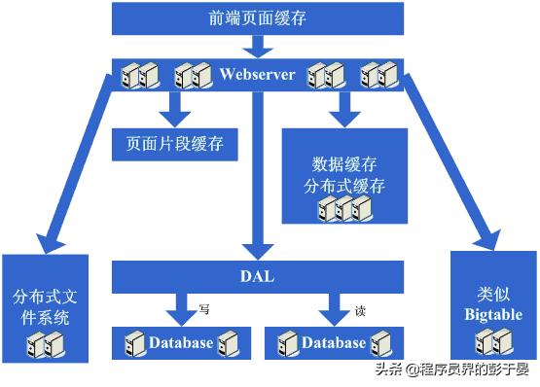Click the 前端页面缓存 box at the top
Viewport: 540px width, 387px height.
257,18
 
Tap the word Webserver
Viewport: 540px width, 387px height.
257,74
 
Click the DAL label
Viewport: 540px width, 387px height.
257,276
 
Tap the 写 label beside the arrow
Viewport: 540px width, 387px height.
204,308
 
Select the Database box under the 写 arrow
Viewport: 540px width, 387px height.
180,342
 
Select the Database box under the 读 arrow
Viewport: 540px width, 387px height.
334,342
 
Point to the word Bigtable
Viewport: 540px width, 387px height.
493,314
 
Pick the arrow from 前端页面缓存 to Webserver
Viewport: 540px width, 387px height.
257,45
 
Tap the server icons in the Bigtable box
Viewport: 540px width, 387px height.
493,340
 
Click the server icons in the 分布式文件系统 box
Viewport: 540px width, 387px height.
45,343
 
